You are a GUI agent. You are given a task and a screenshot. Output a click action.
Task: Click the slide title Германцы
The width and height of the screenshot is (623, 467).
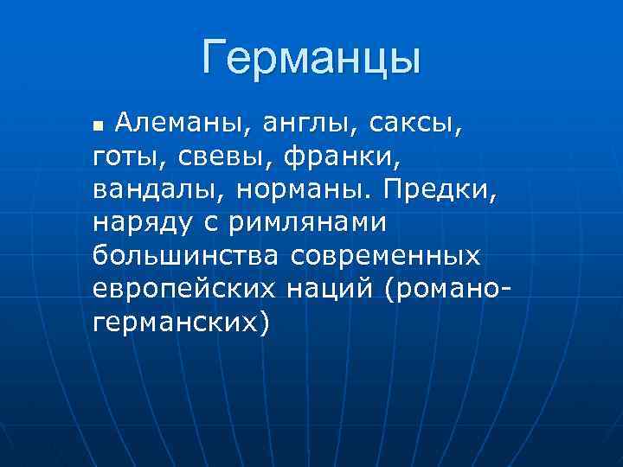[311, 58]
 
